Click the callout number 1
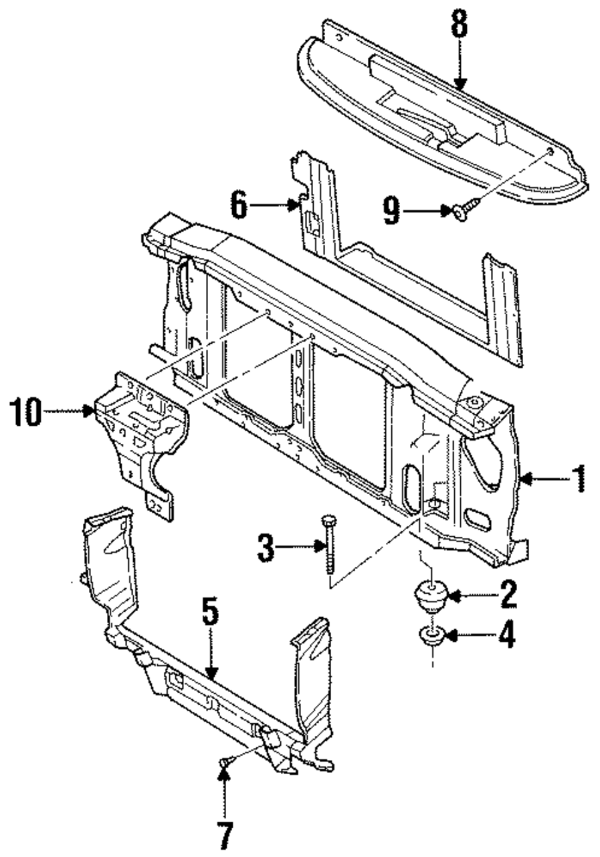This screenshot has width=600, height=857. pos(578,479)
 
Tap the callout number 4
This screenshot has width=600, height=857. pos(507,635)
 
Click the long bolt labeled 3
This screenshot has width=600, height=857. pos(329,546)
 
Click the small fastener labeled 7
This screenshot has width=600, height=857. pos(224,762)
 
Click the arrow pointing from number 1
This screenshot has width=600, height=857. pos(543,479)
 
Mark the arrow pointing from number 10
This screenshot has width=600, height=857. pos(69,411)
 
